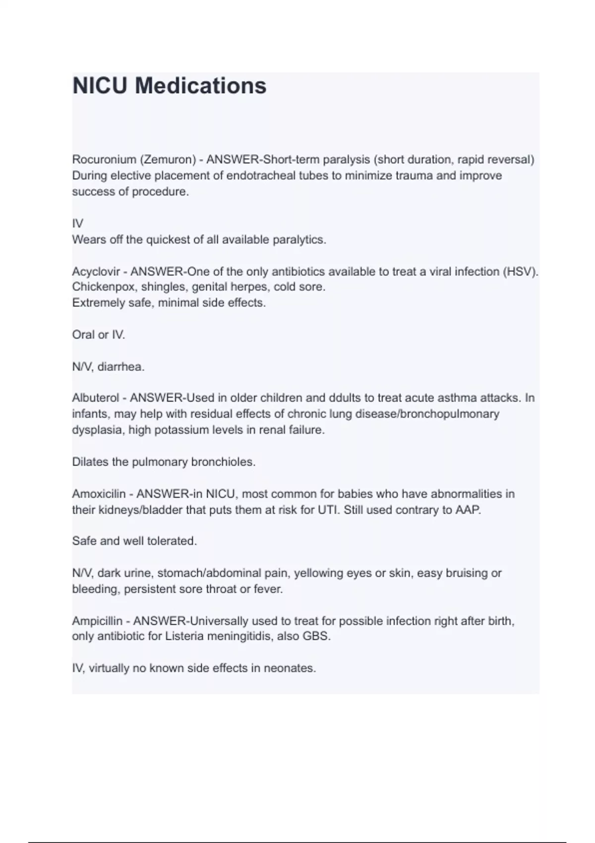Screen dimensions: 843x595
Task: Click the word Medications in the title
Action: pyautogui.click(x=201, y=86)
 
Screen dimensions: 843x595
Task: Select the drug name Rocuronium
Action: pyautogui.click(x=104, y=160)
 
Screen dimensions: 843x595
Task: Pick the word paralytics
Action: pyautogui.click(x=300, y=240)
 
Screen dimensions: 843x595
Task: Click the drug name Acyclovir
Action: pyautogui.click(x=96, y=272)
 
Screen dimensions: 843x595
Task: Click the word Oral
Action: pyautogui.click(x=83, y=335)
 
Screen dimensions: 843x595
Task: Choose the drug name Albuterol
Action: pyautogui.click(x=96, y=398)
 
